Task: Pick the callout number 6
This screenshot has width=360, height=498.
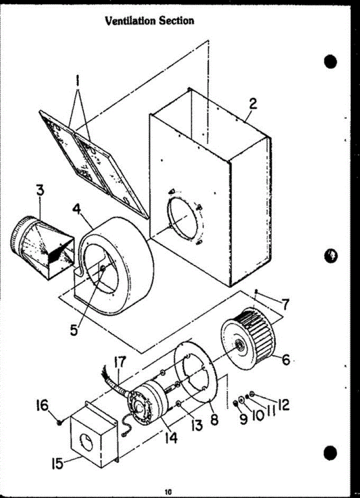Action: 285,359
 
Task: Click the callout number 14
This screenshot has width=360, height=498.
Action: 171,437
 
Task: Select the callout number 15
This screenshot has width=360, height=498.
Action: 57,463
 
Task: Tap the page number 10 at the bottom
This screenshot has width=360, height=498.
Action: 168,492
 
